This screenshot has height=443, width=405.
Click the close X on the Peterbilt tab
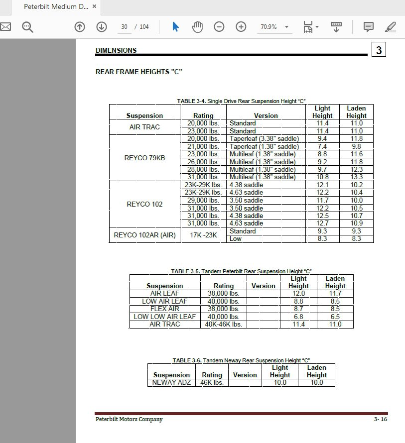click(x=94, y=7)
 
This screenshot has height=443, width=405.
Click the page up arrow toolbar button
click(x=80, y=27)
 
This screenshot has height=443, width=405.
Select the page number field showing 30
click(x=124, y=27)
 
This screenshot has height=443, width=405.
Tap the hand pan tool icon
click(x=197, y=27)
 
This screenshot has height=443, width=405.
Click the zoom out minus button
click(x=219, y=27)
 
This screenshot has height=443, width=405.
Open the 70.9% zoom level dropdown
click(x=286, y=27)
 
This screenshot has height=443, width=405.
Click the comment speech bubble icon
click(x=369, y=27)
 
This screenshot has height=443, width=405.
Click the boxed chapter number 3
click(x=379, y=50)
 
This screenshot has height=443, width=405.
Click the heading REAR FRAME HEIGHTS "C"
click(x=138, y=72)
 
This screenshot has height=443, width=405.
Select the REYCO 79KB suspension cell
click(x=144, y=158)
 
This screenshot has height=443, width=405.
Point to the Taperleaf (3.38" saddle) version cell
click(x=264, y=139)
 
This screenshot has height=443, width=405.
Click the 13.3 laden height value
click(x=356, y=177)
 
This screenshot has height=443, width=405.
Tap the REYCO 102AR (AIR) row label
click(x=144, y=235)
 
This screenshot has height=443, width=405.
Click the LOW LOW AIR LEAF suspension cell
click(x=164, y=317)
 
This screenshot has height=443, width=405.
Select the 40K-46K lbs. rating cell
click(x=223, y=325)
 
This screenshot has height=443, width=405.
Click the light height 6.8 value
click(x=298, y=317)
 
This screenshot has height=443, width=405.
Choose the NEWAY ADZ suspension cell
click(x=171, y=383)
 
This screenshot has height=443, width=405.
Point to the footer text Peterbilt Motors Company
click(x=129, y=420)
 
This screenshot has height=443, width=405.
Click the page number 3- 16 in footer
click(x=380, y=420)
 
